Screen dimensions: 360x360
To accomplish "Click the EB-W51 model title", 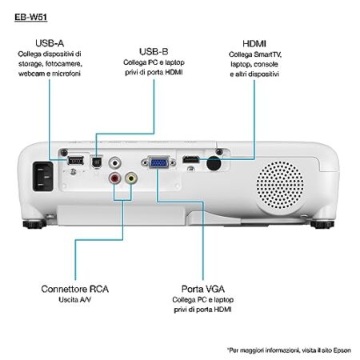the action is tap(31, 18).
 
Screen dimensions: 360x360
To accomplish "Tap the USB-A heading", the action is tap(50, 43).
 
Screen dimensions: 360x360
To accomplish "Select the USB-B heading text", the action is tap(154, 52).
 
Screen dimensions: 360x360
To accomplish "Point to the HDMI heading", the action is tap(254, 44).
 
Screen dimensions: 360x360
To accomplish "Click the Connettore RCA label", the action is tap(75, 289).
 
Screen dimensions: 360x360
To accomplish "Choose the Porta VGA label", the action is tap(203, 289).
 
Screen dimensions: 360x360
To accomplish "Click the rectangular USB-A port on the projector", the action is tap(76, 161).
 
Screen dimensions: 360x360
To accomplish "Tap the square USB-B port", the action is tap(97, 162).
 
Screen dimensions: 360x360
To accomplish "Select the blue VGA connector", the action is tap(159, 162).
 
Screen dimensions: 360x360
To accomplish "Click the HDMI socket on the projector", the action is tap(191, 159).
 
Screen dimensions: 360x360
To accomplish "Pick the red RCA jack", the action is tap(114, 178).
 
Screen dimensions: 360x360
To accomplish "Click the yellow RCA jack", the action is tap(131, 178).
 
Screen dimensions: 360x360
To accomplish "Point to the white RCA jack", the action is tap(115, 162).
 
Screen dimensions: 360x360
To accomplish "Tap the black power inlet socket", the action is tap(43, 176).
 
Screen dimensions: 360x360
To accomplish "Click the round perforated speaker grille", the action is tap(280, 185).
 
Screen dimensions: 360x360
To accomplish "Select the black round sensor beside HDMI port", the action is tap(214, 163).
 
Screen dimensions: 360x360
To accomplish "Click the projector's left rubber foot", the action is tap(34, 224).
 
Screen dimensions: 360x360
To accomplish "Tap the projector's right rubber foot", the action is tap(322, 224).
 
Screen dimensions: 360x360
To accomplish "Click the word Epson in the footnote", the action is tap(342, 350).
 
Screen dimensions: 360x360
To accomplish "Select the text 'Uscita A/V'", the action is tap(75, 300).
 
